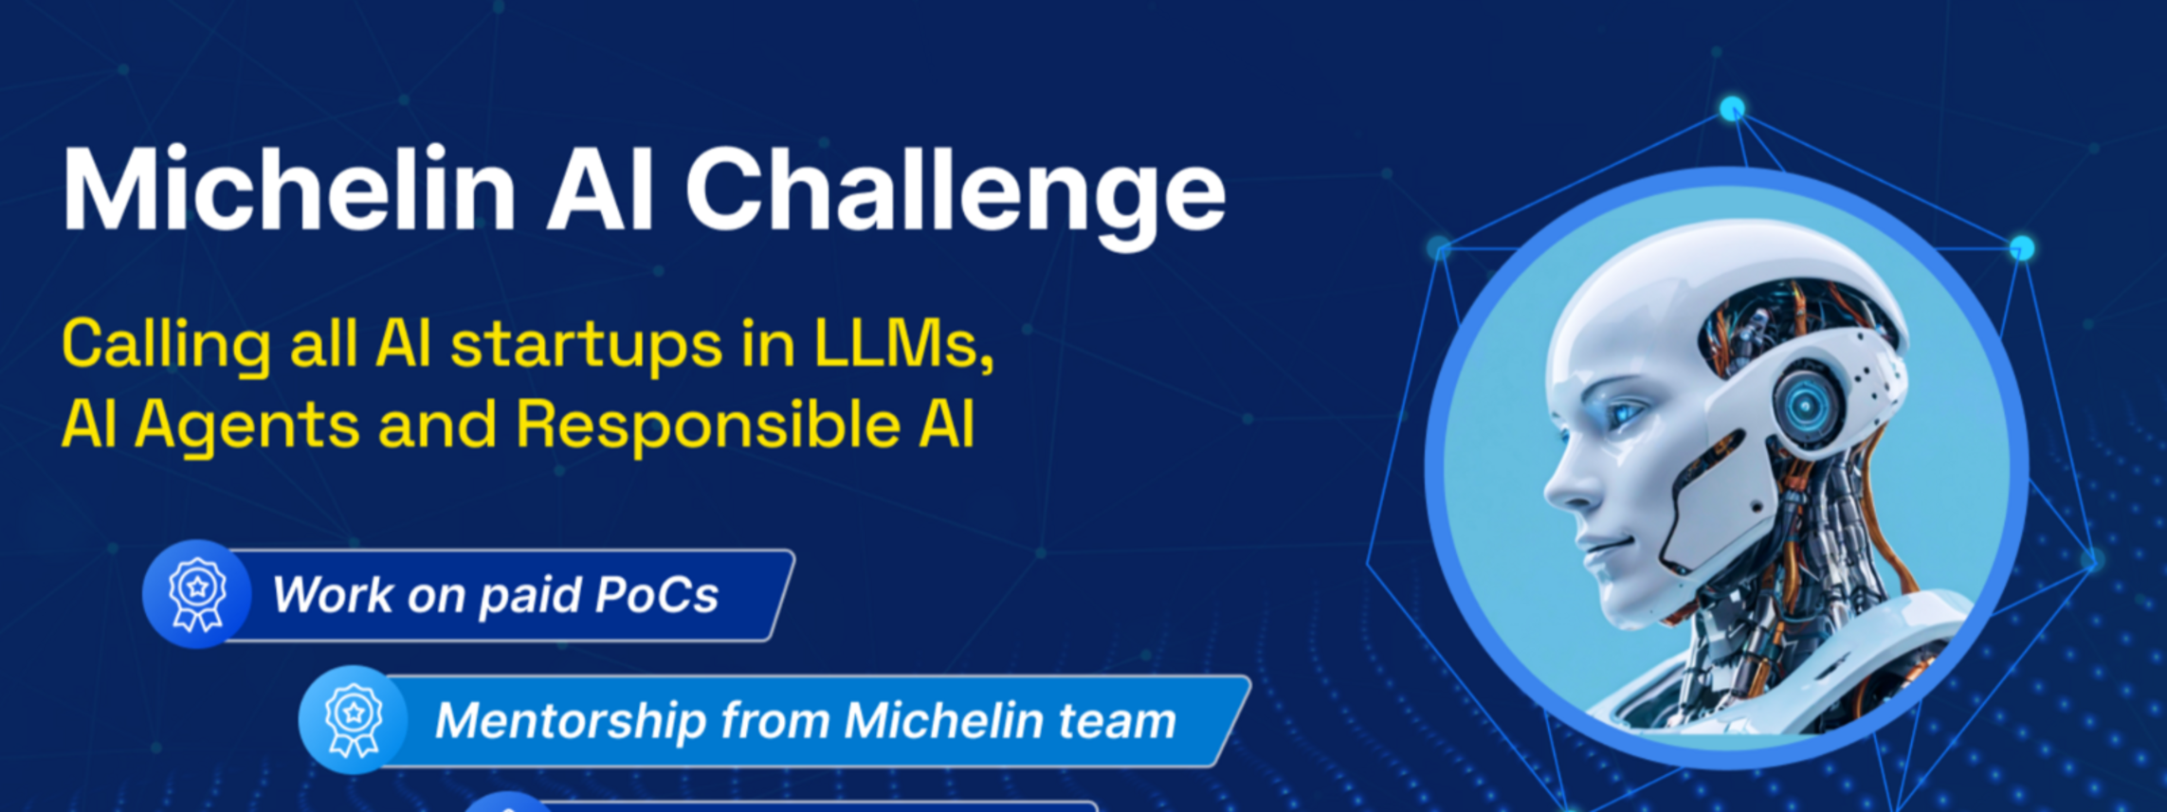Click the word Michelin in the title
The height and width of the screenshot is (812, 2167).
(x=289, y=189)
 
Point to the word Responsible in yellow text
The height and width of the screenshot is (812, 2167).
(x=707, y=424)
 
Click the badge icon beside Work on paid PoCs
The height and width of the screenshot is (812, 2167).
(x=196, y=594)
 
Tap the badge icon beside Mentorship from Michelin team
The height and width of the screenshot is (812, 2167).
(x=353, y=720)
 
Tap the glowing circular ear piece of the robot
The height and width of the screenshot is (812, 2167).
(x=1806, y=406)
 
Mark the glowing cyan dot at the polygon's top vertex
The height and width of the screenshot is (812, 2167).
(x=1732, y=108)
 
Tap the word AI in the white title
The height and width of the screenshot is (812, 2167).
(x=600, y=189)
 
